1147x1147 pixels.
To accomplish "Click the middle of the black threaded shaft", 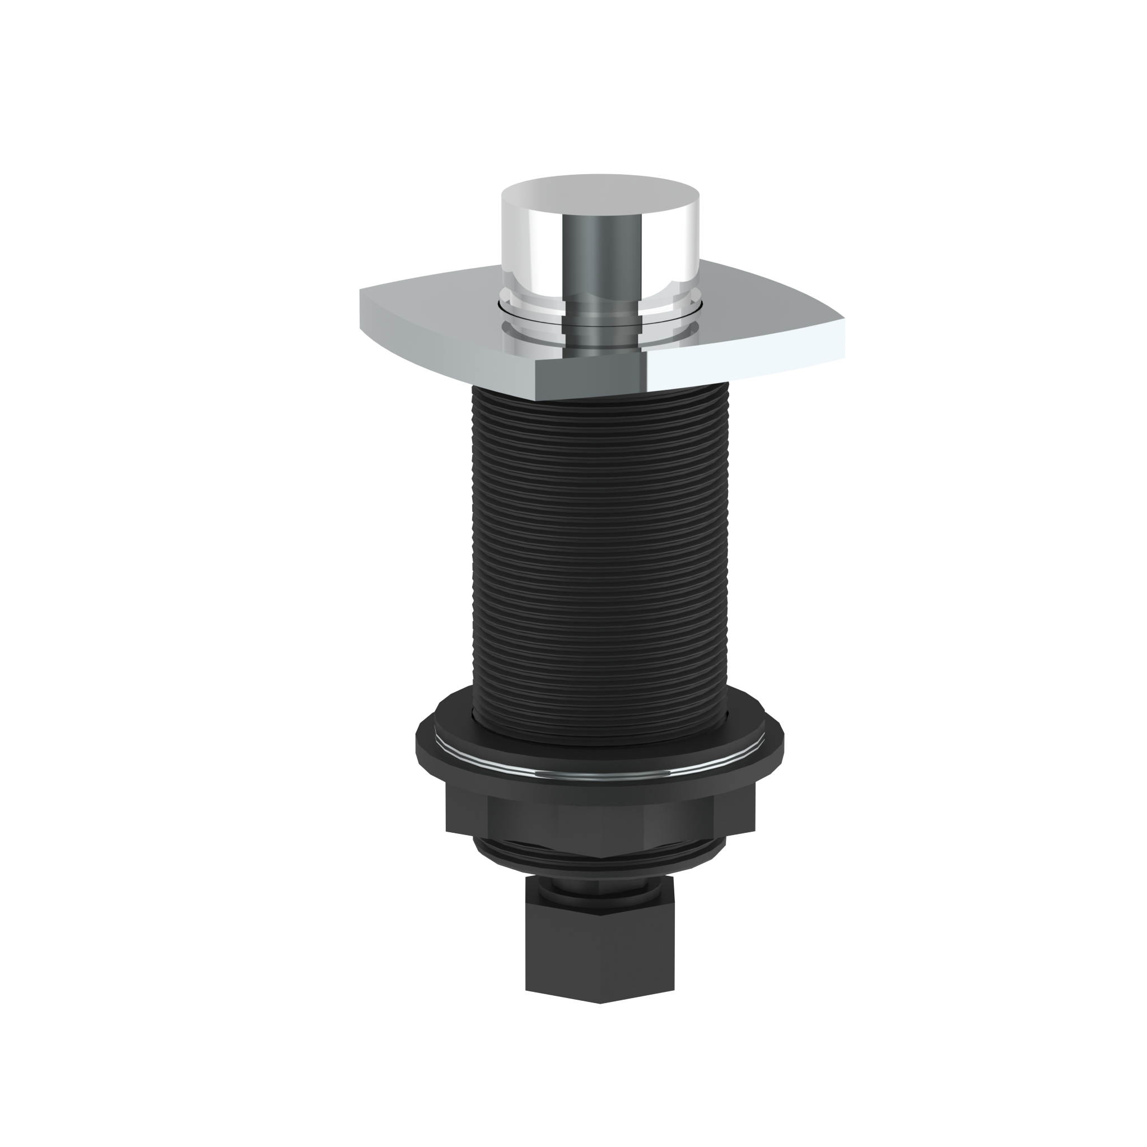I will [600, 546].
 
